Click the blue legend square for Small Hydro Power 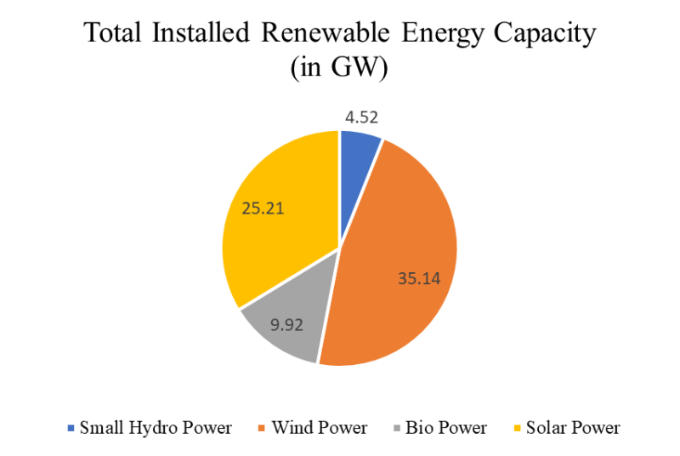71,428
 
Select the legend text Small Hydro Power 156,428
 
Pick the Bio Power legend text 445,428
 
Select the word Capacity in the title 548,36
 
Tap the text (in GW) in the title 339,69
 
